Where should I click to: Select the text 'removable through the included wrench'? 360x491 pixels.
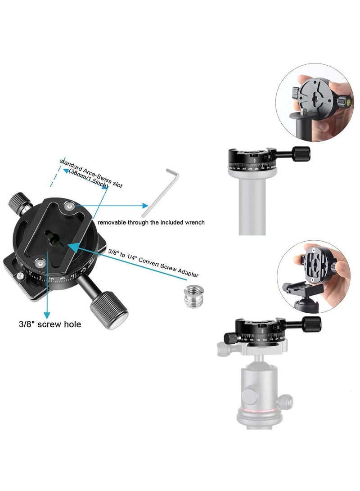[x=151, y=222]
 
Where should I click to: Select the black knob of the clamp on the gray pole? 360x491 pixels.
[x=301, y=153]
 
